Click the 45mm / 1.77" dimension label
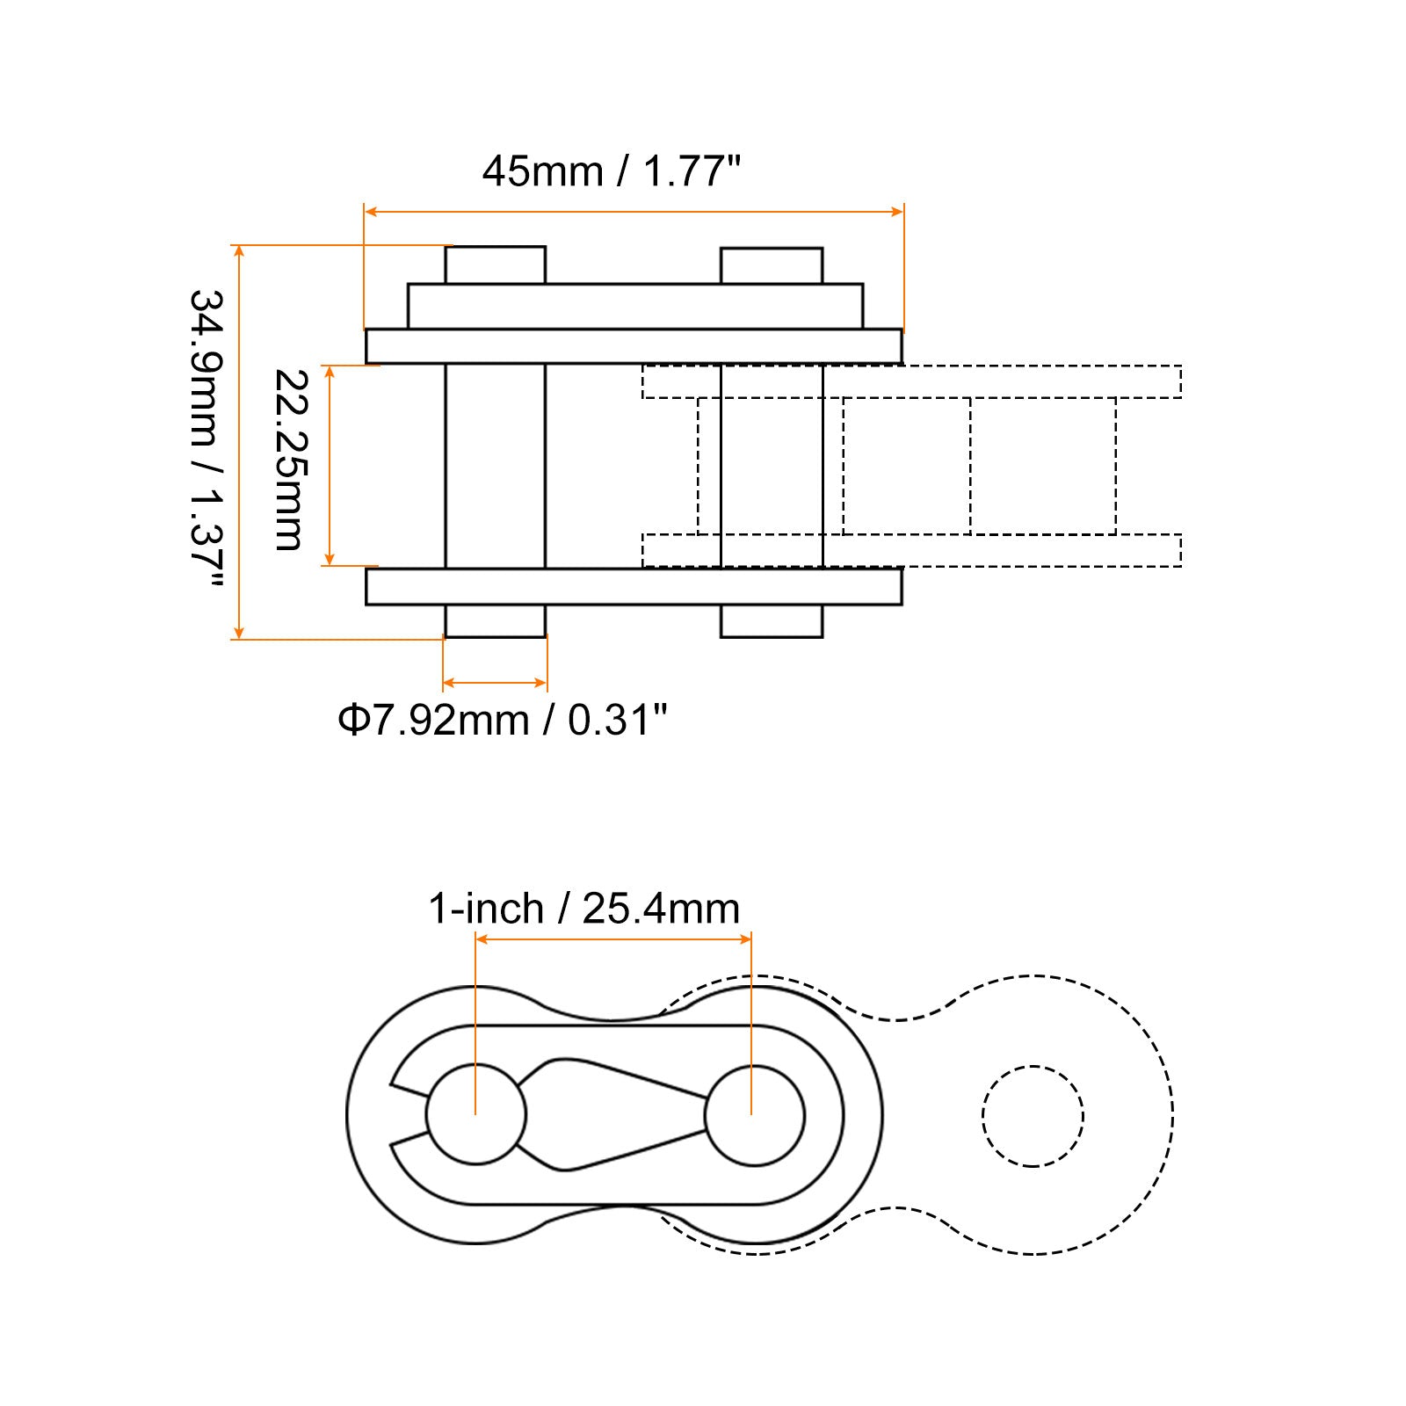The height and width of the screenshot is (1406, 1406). (612, 170)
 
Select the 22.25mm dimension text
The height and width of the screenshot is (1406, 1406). (289, 460)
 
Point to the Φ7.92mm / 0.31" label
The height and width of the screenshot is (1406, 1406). (503, 721)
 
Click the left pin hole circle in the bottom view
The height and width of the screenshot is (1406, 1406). (476, 1065)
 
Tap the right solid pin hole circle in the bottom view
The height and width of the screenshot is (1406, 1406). (755, 1066)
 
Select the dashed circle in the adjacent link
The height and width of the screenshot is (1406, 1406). (1033, 1067)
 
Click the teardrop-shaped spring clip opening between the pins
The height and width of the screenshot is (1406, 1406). (611, 1114)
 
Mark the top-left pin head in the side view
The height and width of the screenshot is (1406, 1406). (496, 265)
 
